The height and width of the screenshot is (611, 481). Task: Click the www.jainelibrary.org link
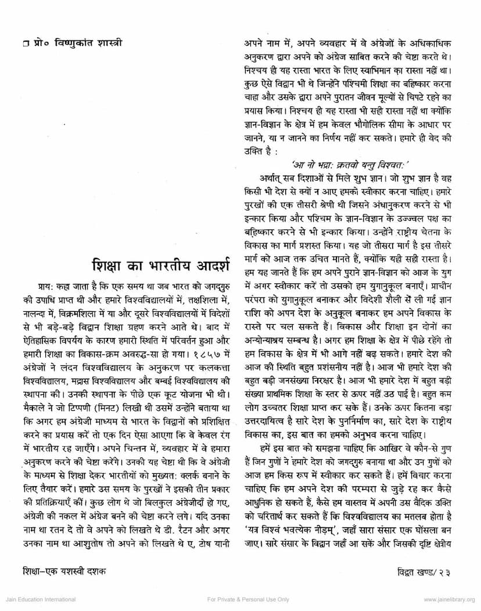[x=449, y=599]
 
